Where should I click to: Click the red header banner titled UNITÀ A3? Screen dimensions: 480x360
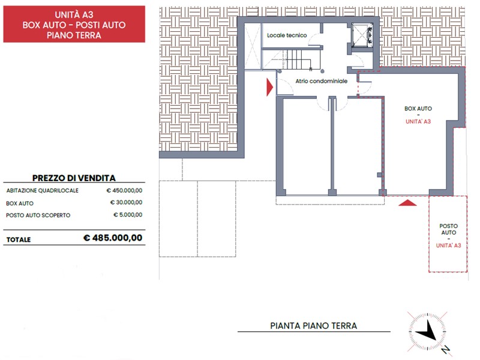[x=74, y=24]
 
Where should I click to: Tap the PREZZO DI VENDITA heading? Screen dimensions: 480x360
[x=74, y=178]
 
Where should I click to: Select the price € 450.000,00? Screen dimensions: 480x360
[x=124, y=190]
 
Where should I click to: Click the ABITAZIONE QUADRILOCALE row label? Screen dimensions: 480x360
[x=42, y=190]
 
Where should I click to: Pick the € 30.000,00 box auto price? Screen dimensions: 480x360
[x=126, y=202]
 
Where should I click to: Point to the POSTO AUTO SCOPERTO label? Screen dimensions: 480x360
[x=38, y=215]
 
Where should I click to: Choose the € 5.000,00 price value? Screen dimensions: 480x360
[x=128, y=215]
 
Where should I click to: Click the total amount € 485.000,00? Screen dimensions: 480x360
[x=113, y=238]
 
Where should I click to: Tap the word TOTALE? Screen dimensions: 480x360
[x=19, y=239]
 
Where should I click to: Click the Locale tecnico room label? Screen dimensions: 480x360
[x=287, y=35]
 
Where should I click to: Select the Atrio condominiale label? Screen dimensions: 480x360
[x=322, y=81]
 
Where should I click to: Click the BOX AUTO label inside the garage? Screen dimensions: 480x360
[x=418, y=109]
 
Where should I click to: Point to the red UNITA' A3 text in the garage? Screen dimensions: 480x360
[x=418, y=122]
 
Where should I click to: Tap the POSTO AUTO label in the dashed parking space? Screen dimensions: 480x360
[x=448, y=229]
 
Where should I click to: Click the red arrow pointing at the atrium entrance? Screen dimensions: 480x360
[x=269, y=87]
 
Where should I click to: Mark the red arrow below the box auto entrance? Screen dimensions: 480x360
[x=407, y=203]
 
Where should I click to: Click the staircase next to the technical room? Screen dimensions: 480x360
[x=298, y=59]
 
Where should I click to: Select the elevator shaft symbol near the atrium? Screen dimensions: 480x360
[x=362, y=35]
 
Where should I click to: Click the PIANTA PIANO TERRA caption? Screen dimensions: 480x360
[x=313, y=326]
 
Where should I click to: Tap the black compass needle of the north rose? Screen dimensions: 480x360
[x=427, y=332]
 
